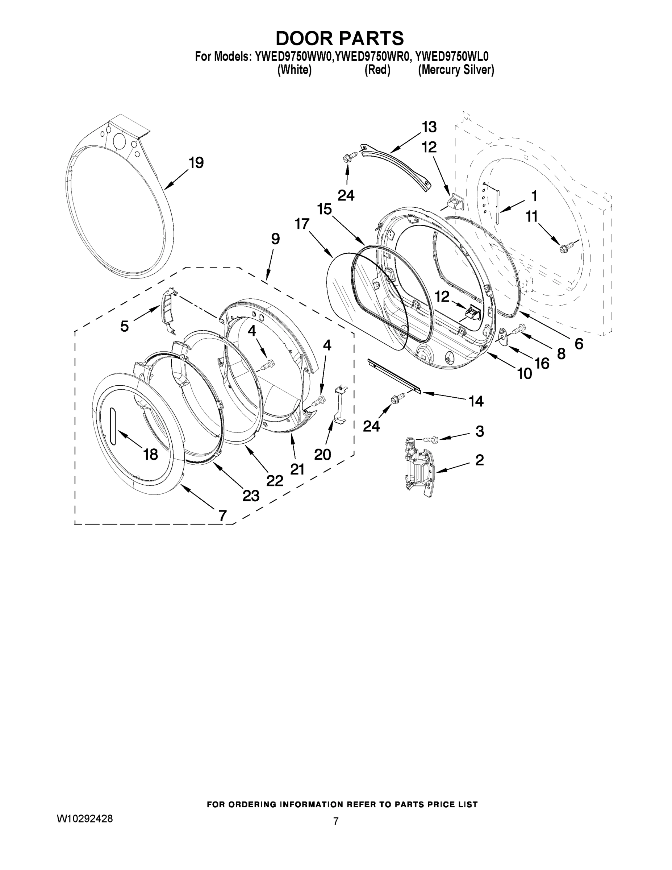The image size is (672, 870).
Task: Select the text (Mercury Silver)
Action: coord(456,70)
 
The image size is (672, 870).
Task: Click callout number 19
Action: coord(196,162)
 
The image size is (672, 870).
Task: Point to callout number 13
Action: coord(429,127)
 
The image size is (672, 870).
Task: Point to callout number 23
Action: coord(251,496)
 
